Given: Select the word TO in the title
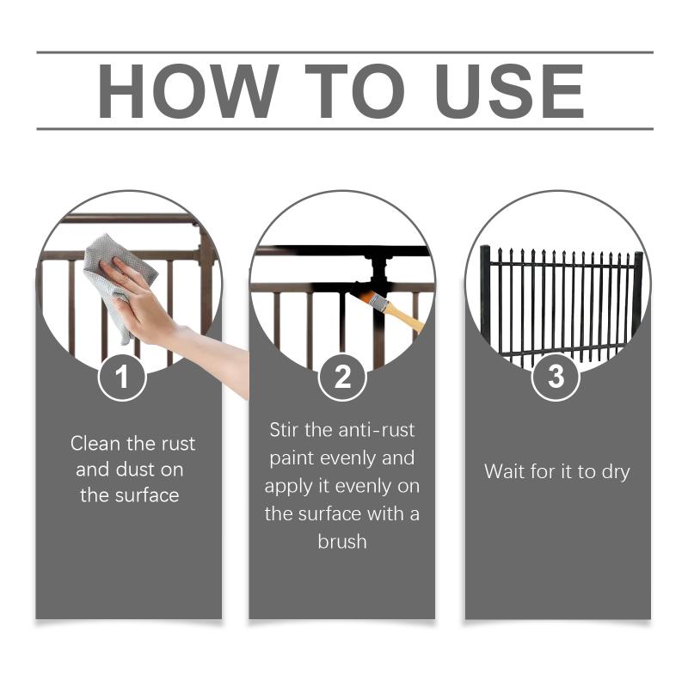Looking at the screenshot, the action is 355,91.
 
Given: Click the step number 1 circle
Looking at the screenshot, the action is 122,378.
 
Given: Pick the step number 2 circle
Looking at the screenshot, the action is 342,378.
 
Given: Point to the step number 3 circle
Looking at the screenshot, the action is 556,378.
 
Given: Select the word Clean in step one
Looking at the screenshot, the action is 95,443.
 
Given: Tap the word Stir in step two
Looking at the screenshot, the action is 284,429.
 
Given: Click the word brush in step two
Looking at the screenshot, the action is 342,542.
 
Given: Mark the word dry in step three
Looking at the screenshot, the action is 616,473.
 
